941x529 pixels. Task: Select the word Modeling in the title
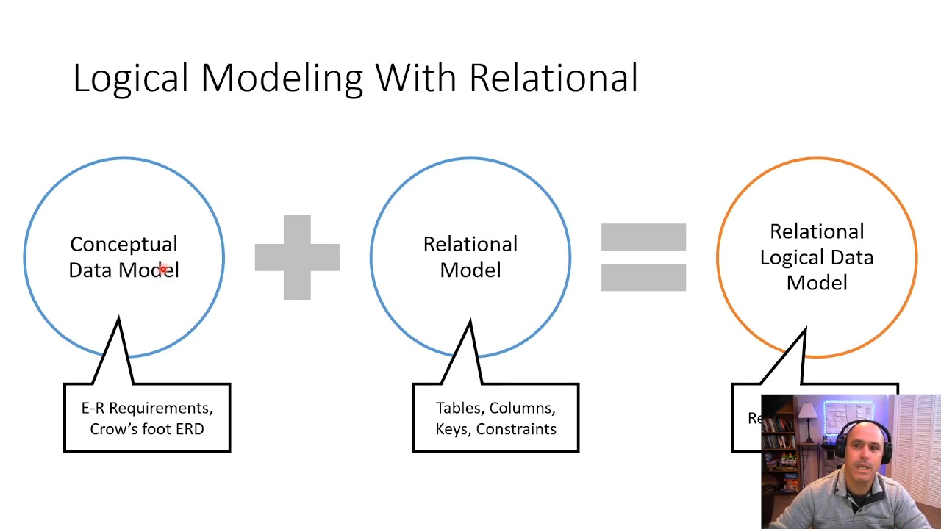[x=282, y=78]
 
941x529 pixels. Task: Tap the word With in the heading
[x=416, y=78]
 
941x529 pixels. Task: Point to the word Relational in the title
[x=553, y=78]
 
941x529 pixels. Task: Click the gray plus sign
[x=297, y=257]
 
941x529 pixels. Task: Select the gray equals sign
[x=643, y=257]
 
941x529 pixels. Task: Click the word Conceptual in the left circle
[x=124, y=244]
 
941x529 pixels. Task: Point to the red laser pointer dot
[x=163, y=270]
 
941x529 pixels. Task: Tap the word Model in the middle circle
[x=470, y=270]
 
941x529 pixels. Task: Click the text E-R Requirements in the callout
[x=147, y=409]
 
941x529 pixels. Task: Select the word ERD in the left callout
[x=190, y=429]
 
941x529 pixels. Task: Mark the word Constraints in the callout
[x=516, y=429]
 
